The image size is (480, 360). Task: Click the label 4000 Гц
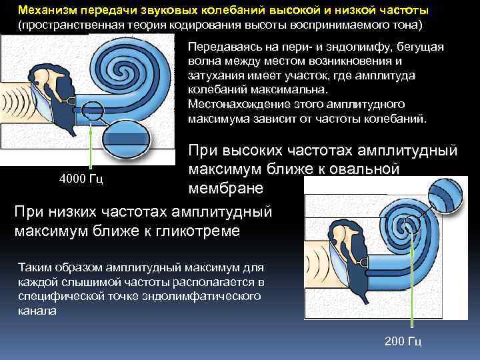tap(81, 179)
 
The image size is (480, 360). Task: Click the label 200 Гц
tap(403, 342)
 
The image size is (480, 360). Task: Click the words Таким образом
tap(64, 267)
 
